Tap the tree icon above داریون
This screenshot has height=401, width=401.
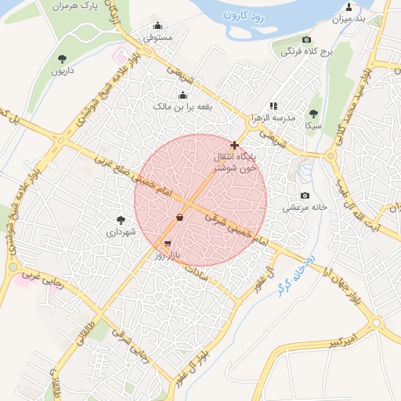pyautogui.click(x=62, y=59)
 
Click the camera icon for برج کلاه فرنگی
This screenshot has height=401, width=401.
pyautogui.click(x=306, y=40)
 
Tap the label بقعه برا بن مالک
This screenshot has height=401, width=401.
pyautogui.click(x=182, y=104)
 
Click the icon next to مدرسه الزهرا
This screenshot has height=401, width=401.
pyautogui.click(x=273, y=106)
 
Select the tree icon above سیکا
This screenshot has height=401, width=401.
pyautogui.click(x=313, y=114)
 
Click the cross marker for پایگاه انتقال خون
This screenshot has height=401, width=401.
pyautogui.click(x=234, y=145)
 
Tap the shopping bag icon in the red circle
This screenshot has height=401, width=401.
pyautogui.click(x=180, y=217)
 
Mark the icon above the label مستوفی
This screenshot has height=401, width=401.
pyautogui.click(x=158, y=24)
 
